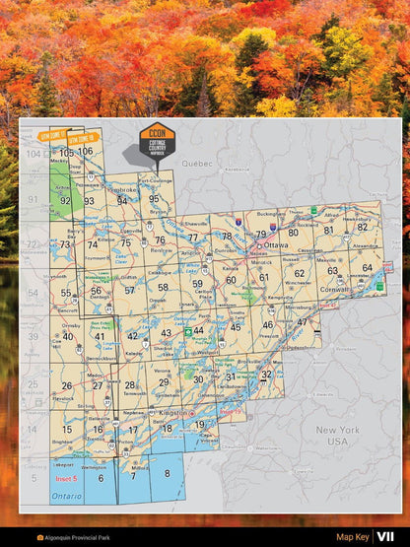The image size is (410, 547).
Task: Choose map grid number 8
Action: (167, 473)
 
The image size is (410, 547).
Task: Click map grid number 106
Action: (86, 151)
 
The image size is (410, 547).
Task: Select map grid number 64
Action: (367, 267)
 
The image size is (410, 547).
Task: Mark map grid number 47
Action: (303, 321)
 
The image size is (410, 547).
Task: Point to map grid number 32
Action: (266, 375)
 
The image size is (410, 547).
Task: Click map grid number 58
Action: (163, 288)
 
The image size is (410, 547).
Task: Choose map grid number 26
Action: (67, 385)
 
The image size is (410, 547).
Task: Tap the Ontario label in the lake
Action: (67, 495)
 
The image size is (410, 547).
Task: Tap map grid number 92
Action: (65, 200)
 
